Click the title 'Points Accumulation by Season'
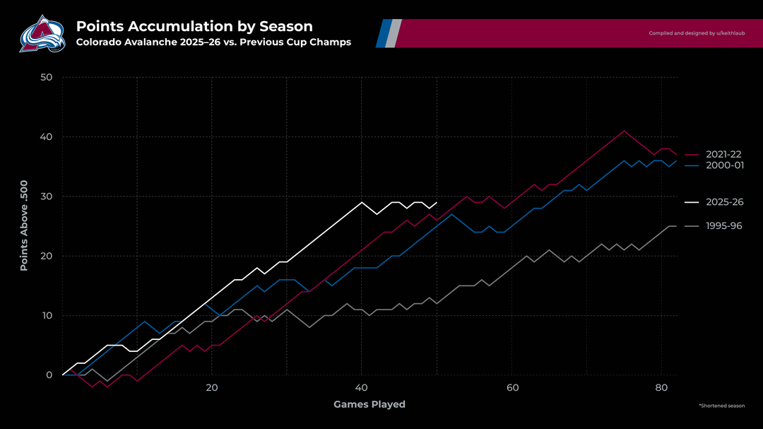194,26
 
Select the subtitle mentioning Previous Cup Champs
213,42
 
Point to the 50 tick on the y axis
46,77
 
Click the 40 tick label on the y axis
46,136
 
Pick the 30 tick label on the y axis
46,196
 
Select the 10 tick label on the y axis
46,315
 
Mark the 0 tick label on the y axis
49,375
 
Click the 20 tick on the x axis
212,388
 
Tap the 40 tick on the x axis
362,388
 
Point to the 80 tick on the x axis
661,388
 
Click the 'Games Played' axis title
369,404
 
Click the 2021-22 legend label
723,154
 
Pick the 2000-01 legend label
723,165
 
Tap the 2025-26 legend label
723,202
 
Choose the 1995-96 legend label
723,226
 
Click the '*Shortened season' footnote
721,406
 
